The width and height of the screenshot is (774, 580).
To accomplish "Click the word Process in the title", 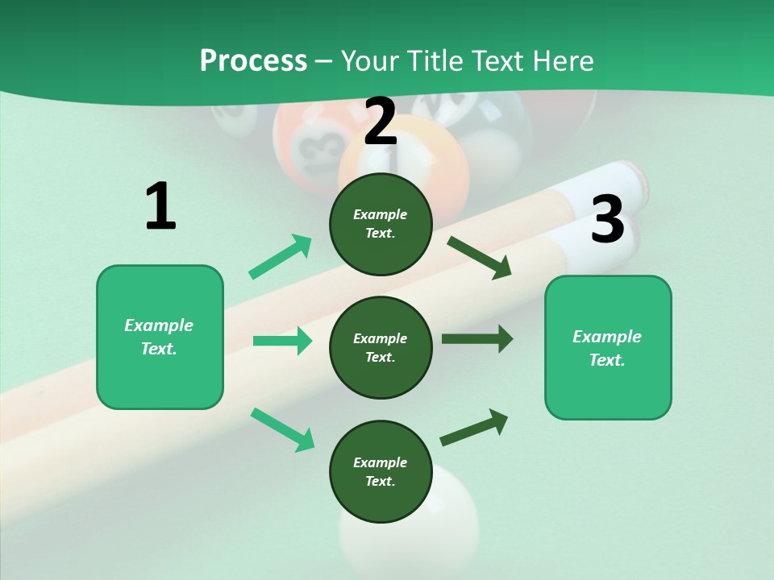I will point(253,61).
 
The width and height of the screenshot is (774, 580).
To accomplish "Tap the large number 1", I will point(160,207).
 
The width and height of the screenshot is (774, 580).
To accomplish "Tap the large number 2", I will point(381,122).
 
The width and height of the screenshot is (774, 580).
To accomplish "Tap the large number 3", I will point(607,219).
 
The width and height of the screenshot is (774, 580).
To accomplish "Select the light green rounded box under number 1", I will point(160,337).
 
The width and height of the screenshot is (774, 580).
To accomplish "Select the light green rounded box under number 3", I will point(608,347).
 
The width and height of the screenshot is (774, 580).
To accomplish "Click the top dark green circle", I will point(381,224).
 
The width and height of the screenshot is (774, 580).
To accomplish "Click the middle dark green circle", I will point(381,347).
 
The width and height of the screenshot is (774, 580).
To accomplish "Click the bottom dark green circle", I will point(381,471).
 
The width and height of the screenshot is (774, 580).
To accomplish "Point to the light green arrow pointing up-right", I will point(280,257).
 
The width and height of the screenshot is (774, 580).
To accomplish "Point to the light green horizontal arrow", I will point(282,341).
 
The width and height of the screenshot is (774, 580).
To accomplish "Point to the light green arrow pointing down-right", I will point(282,429).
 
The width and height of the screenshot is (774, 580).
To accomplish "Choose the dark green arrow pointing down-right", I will point(479,258).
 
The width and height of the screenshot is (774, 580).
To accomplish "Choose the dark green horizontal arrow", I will point(476,338).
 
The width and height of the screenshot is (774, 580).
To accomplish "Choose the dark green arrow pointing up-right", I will point(474,427).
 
